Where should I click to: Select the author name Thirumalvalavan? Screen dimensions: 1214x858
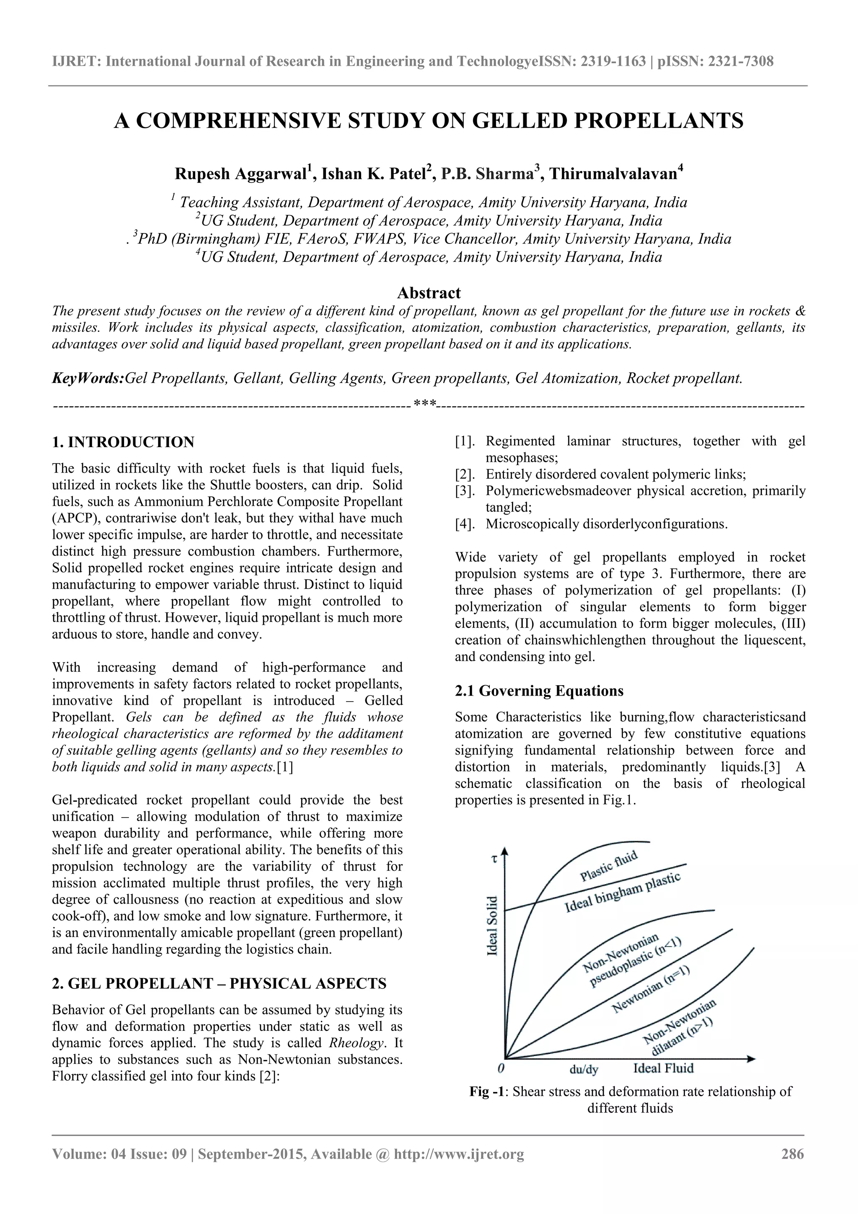point(613,174)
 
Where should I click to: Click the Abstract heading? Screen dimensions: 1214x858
point(428,293)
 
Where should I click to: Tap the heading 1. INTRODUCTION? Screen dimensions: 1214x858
point(123,442)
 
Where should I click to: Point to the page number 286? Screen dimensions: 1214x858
point(792,1154)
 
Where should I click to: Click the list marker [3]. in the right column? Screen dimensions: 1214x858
point(465,491)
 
